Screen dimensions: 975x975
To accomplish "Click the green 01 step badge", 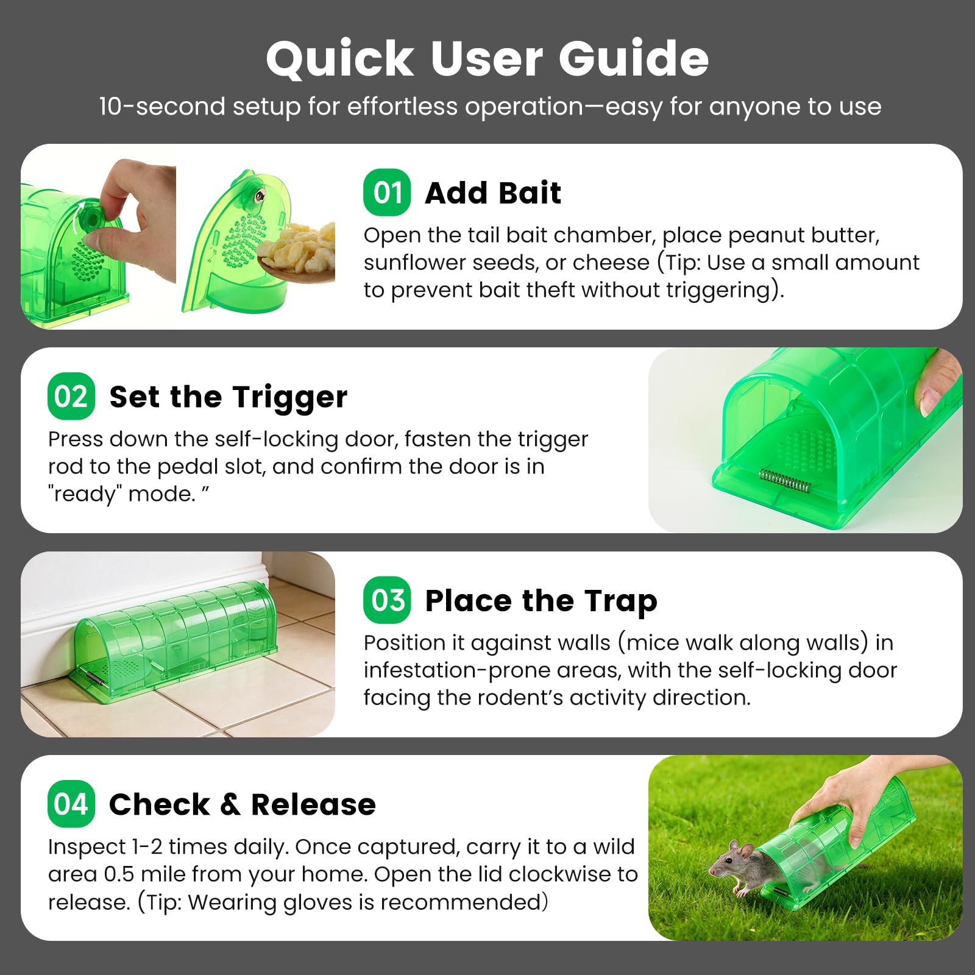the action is pyautogui.click(x=387, y=193).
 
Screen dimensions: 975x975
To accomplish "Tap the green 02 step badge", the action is pyautogui.click(x=71, y=396).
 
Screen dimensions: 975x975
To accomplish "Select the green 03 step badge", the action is pyautogui.click(x=387, y=600).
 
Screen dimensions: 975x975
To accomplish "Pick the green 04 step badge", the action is pyautogui.click(x=71, y=804).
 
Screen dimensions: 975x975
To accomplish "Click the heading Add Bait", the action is pyautogui.click(x=493, y=193).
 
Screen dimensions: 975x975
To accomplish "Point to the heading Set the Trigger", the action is pyautogui.click(x=229, y=397).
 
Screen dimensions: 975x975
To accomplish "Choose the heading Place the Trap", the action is pyautogui.click(x=541, y=601).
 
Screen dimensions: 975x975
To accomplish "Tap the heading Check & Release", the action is pyautogui.click(x=243, y=804).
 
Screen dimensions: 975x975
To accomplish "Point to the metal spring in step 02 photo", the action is pyautogui.click(x=785, y=481).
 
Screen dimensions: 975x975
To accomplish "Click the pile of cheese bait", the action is pyautogui.click(x=297, y=247).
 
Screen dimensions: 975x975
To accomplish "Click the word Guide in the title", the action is pyautogui.click(x=634, y=58).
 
